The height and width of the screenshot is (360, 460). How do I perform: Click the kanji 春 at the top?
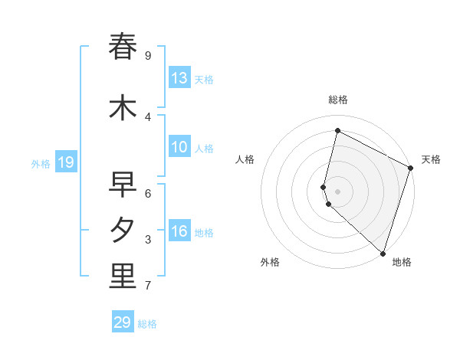tap(123, 47)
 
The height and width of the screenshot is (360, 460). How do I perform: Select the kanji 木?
tap(123, 108)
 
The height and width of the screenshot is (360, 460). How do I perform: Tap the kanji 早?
tap(123, 185)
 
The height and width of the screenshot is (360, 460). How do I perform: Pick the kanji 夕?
tap(123, 231)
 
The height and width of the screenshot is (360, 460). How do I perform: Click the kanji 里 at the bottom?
tap(123, 277)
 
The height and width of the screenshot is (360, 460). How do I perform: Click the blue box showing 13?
tap(179, 78)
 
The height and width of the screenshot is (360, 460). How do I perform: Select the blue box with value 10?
tap(179, 147)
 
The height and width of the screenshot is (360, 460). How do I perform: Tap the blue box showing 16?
tap(179, 231)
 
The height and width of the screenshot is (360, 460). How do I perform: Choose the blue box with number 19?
tap(66, 162)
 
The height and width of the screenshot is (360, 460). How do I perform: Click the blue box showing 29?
tap(123, 322)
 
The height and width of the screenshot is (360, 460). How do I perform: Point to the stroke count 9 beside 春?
tap(148, 56)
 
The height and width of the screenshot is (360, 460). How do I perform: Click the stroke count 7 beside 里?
tap(148, 286)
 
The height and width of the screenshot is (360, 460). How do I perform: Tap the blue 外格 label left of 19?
tap(41, 163)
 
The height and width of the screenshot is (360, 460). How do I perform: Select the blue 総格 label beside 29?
tap(147, 324)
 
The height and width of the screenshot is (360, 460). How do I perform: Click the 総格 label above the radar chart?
tap(338, 100)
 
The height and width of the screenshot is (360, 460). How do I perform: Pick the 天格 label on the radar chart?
tap(431, 159)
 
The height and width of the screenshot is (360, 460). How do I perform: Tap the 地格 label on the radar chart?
tap(402, 262)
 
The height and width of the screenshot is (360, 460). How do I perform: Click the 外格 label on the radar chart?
tap(270, 262)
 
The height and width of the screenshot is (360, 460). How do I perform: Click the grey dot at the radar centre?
tap(338, 191)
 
